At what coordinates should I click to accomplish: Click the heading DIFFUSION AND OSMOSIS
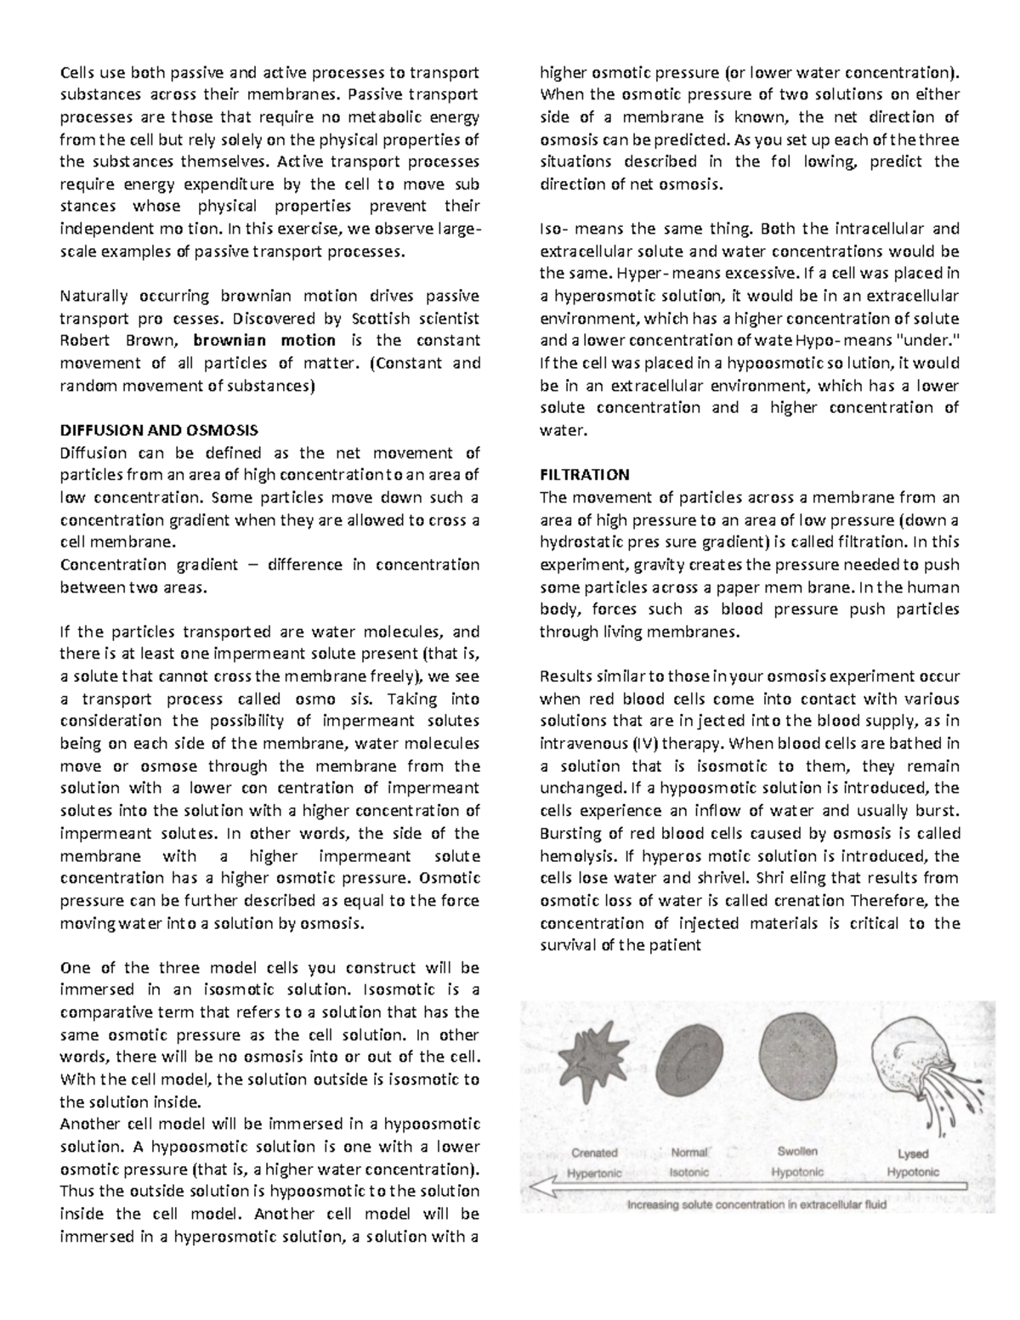[159, 430]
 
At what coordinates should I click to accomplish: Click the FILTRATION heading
[585, 474]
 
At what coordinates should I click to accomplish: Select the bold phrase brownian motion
[264, 341]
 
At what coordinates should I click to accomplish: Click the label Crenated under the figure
[594, 1153]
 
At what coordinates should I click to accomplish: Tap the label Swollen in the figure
[796, 1151]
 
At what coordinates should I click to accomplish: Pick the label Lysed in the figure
[913, 1153]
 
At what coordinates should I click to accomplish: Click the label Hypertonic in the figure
[594, 1173]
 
